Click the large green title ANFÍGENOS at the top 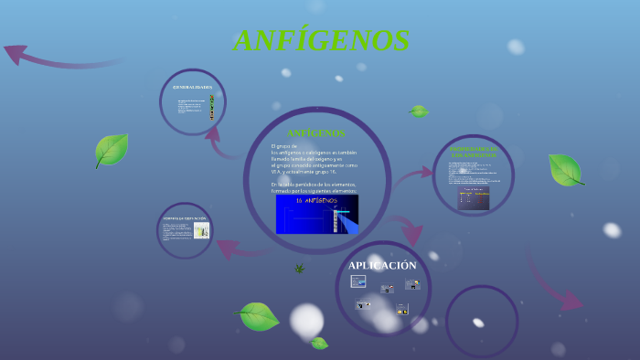pyautogui.click(x=321, y=41)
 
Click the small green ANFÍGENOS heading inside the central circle pyautogui.click(x=315, y=133)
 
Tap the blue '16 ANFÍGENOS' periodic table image pyautogui.click(x=316, y=214)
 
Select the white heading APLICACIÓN pyautogui.click(x=382, y=265)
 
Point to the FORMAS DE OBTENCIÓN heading pyautogui.click(x=185, y=219)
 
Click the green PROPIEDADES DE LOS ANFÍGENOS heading pyautogui.click(x=474, y=152)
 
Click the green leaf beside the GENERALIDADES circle pyautogui.click(x=111, y=149)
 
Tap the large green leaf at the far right pyautogui.click(x=564, y=169)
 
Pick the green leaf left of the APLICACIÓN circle pyautogui.click(x=258, y=316)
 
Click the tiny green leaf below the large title pyautogui.click(x=419, y=111)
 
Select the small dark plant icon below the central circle pyautogui.click(x=299, y=268)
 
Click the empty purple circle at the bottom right pyautogui.click(x=481, y=321)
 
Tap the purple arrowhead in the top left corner pyautogui.click(x=16, y=54)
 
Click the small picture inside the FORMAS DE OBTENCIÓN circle pyautogui.click(x=201, y=231)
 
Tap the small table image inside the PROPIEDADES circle pyautogui.click(x=473, y=199)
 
